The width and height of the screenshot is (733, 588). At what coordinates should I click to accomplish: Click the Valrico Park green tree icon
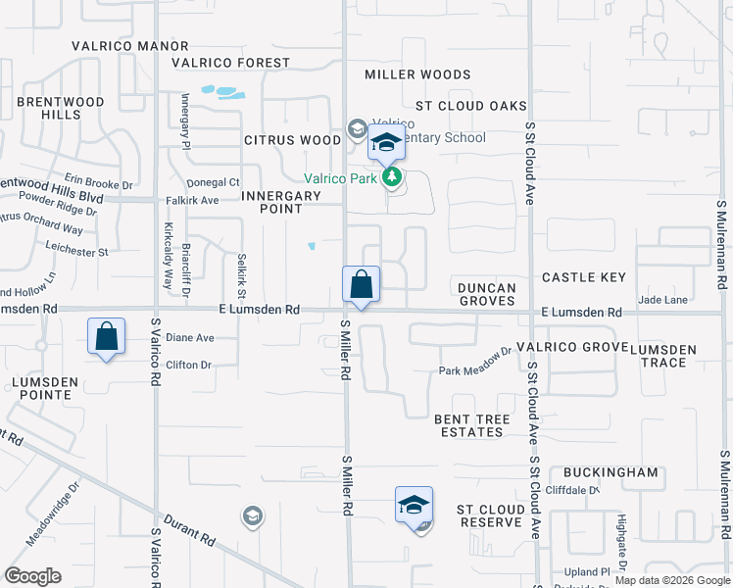pos(392,177)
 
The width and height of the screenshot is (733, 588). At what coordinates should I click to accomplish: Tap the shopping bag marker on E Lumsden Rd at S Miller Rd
pos(361,285)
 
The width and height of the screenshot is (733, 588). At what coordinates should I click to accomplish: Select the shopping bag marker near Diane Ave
pos(106,337)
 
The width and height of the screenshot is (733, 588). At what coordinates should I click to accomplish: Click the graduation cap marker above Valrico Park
pos(386,143)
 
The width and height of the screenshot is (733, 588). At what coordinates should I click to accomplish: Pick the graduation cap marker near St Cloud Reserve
pos(414,505)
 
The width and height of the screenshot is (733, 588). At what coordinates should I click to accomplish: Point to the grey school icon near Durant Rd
pos(252,515)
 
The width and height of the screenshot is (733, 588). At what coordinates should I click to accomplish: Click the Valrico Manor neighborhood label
pos(129,46)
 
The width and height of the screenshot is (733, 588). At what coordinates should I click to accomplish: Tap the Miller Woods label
pos(417,74)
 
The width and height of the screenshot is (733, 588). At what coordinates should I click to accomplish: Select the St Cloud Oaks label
pos(470,106)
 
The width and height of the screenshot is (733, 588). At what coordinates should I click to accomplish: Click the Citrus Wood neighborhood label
pos(293,140)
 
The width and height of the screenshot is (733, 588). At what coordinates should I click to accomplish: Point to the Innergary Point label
pos(281,203)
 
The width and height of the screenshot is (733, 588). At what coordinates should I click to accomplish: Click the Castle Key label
pos(583,278)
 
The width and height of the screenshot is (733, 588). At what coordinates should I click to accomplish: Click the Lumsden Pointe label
pos(41,388)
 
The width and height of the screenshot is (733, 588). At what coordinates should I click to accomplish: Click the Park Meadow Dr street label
pos(475,365)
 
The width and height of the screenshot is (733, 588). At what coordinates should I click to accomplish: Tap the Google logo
pos(32,576)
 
